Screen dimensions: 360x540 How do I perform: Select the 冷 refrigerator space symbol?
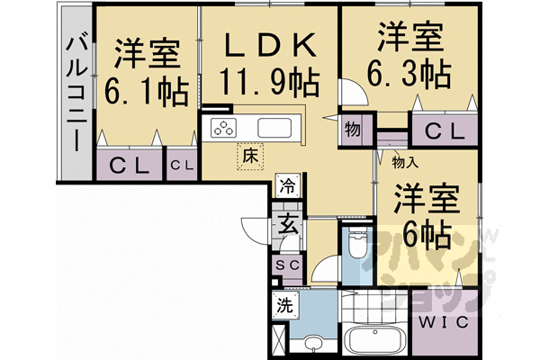point(287,187)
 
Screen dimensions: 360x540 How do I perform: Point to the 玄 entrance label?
point(287,224)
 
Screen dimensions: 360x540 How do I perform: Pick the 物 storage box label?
point(352,130)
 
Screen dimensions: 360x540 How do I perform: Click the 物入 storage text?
point(405,163)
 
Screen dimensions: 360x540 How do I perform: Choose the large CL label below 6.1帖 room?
point(128,166)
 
